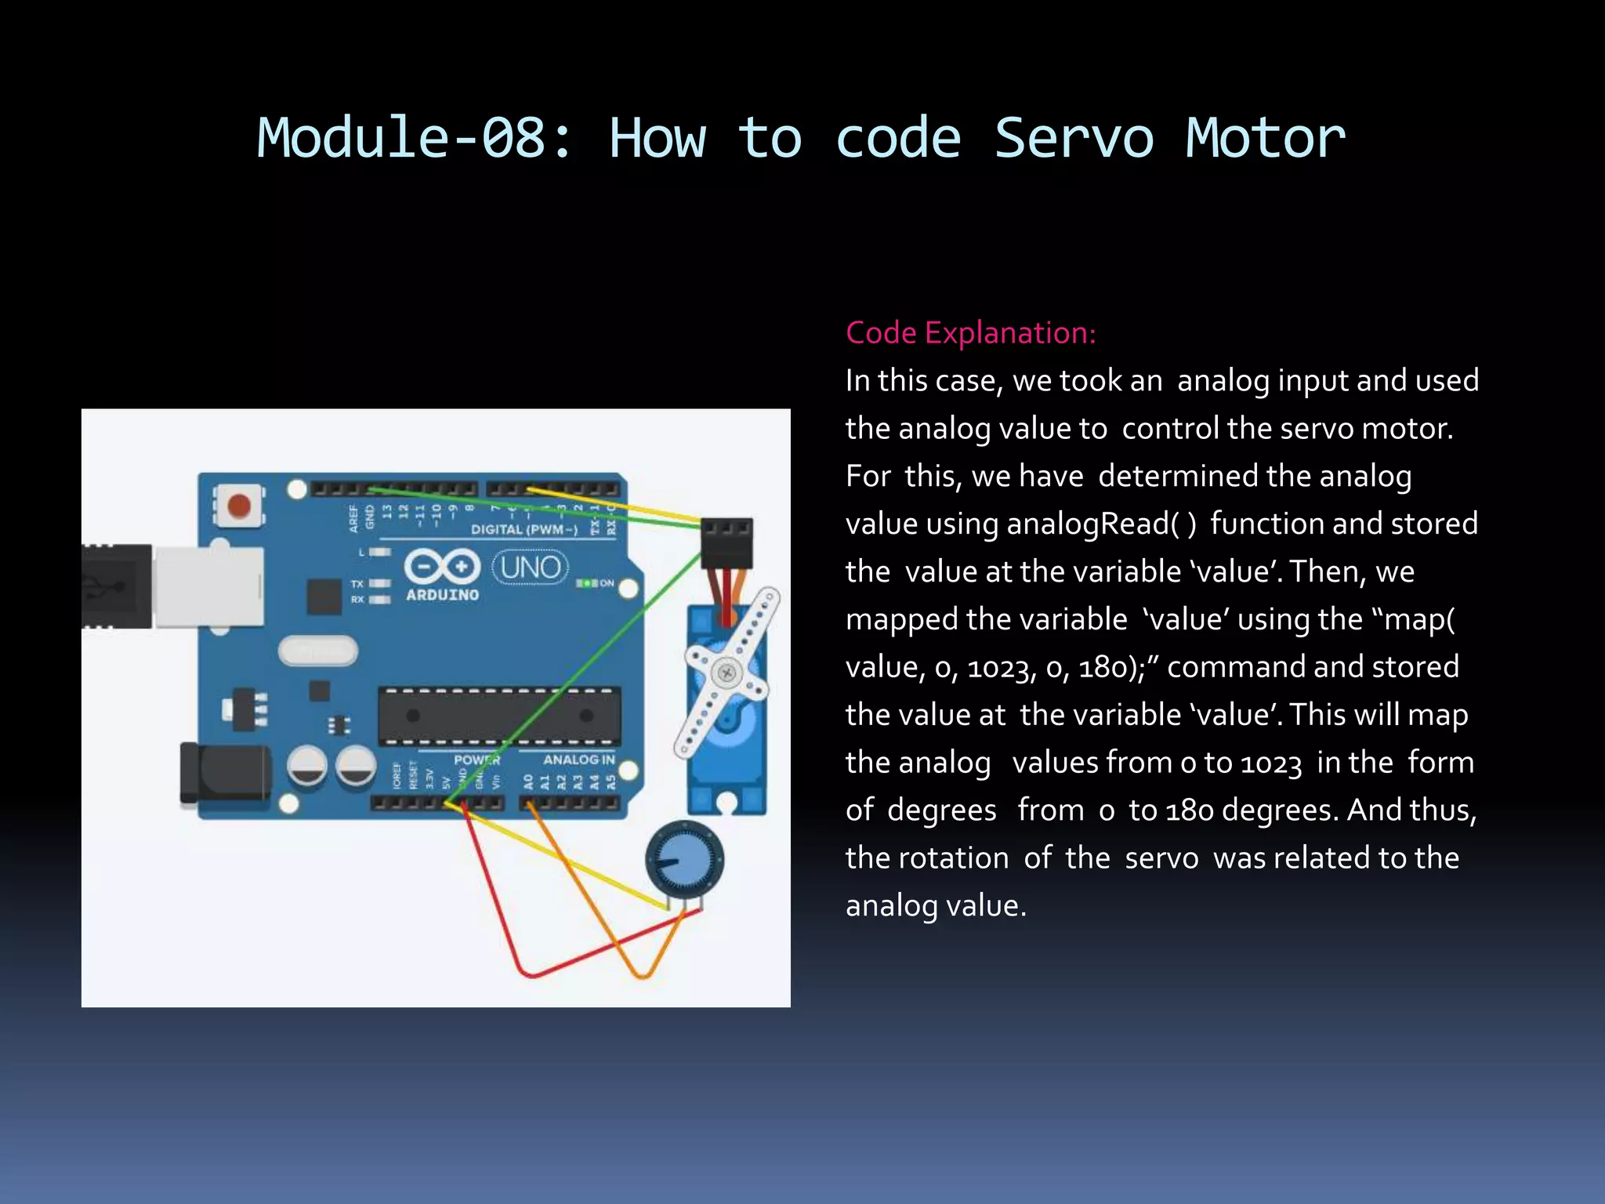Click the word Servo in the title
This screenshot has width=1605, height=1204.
[1074, 139]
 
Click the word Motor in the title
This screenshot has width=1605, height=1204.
[1265, 139]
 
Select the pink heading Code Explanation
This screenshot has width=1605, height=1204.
[970, 333]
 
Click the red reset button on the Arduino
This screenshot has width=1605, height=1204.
[238, 506]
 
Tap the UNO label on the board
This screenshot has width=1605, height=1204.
[530, 567]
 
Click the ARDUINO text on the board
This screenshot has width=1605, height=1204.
[442, 595]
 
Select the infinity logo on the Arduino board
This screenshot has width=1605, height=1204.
[442, 566]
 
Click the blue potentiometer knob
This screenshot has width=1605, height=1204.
[684, 860]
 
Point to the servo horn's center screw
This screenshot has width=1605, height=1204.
[726, 673]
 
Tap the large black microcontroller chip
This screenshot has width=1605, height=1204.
[499, 716]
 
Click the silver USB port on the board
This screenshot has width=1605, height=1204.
[208, 586]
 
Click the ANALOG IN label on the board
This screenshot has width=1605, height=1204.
[578, 760]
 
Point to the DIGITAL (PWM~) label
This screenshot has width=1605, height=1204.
[524, 530]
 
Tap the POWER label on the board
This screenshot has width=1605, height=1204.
[476, 760]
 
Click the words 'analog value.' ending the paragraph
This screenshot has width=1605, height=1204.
[936, 906]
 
